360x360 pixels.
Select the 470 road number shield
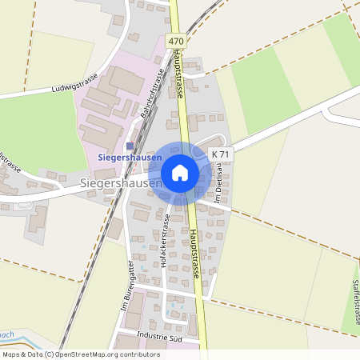point(176,40)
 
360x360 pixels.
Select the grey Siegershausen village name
point(120,183)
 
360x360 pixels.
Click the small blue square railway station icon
point(130,146)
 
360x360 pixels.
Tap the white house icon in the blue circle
point(180,173)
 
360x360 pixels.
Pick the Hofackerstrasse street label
point(165,240)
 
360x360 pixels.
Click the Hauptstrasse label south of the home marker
point(194,251)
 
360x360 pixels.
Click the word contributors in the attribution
point(138,354)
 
